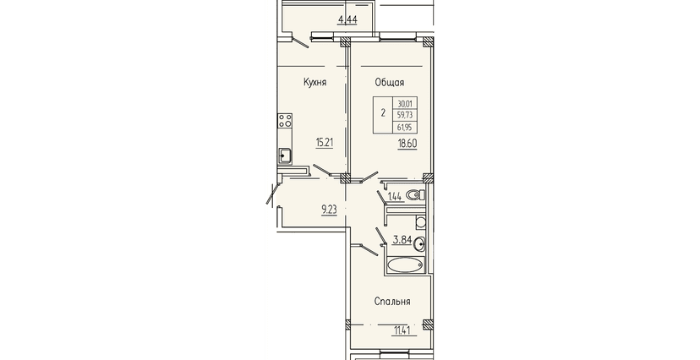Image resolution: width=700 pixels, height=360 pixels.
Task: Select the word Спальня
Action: pyautogui.click(x=393, y=302)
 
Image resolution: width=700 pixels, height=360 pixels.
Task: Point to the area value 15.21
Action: pyautogui.click(x=325, y=143)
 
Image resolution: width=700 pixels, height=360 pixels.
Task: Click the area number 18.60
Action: pyautogui.click(x=407, y=144)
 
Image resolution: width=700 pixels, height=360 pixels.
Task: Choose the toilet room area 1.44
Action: pyautogui.click(x=394, y=197)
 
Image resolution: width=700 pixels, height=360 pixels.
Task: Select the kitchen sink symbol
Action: pyautogui.click(x=285, y=154)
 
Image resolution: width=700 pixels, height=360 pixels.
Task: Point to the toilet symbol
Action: pyautogui.click(x=414, y=195)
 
